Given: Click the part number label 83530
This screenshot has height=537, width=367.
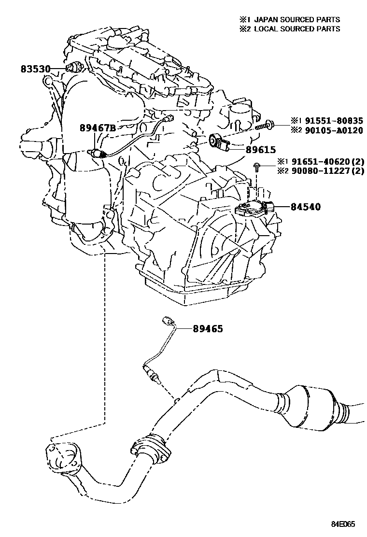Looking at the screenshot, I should (35, 69).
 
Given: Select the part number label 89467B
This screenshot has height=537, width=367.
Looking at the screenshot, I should (98, 128).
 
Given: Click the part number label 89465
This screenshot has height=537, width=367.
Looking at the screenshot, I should (208, 329).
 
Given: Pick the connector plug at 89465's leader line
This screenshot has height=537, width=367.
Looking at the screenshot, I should (168, 321).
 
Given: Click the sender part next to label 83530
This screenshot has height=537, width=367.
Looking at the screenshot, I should (75, 67).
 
